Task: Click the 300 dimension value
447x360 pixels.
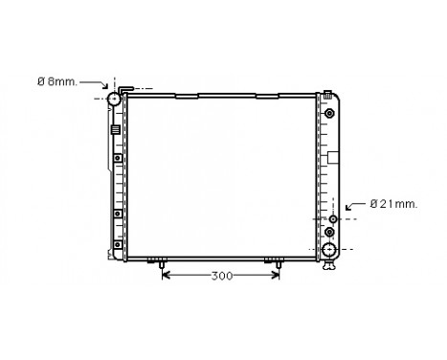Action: [222, 277]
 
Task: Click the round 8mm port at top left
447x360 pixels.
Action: [114, 99]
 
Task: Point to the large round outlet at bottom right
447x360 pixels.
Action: [330, 251]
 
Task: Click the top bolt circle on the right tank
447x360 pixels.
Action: [330, 114]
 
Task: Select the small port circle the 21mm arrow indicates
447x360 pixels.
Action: [331, 219]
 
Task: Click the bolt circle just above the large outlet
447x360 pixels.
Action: [331, 233]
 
